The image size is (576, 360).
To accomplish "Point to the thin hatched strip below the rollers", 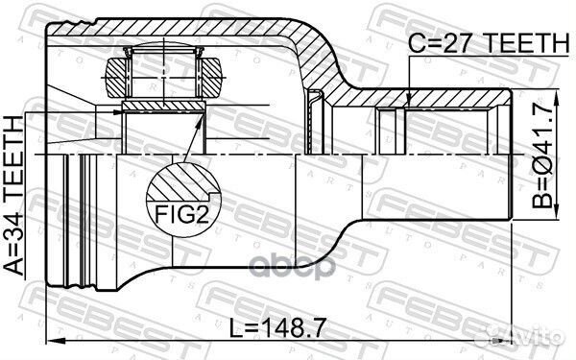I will pos(162,103).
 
